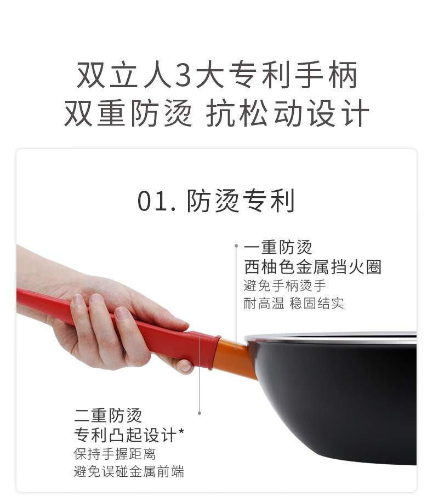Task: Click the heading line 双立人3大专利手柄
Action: (217, 75)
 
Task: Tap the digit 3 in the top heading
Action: (183, 75)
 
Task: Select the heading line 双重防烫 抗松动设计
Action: (217, 113)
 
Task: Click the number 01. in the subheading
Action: (157, 201)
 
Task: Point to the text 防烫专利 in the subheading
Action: (241, 201)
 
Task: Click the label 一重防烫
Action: (278, 247)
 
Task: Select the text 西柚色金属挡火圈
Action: (312, 267)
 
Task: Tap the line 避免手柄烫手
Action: (284, 286)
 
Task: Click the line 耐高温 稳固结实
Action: (294, 303)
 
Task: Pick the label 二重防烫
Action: (107, 415)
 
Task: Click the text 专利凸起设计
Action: (125, 435)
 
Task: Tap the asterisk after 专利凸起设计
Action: (181, 431)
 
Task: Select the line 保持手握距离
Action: (115, 454)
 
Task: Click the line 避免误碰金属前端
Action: (129, 472)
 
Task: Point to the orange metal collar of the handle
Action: (235, 358)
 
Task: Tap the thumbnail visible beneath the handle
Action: (186, 367)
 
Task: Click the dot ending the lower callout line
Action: (200, 413)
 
